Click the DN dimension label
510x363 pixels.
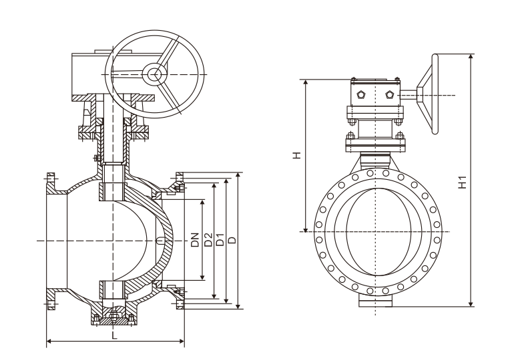(x=194, y=239)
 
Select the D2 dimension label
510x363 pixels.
(x=208, y=239)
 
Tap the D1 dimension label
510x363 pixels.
(x=220, y=239)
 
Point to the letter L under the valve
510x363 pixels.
(x=114, y=336)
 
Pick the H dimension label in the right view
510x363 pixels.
(x=296, y=155)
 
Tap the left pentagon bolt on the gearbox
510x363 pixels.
(x=360, y=95)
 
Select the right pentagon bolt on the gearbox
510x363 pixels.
(x=389, y=95)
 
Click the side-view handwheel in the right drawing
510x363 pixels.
(x=427, y=94)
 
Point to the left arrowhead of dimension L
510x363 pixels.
(x=49, y=341)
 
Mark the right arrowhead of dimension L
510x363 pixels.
(x=182, y=341)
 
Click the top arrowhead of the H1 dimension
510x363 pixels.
(x=471, y=57)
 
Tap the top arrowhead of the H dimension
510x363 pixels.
(x=306, y=82)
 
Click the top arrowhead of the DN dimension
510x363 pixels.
(x=202, y=203)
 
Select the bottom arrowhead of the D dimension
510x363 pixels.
(x=238, y=306)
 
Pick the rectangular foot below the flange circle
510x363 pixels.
(x=376, y=301)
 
